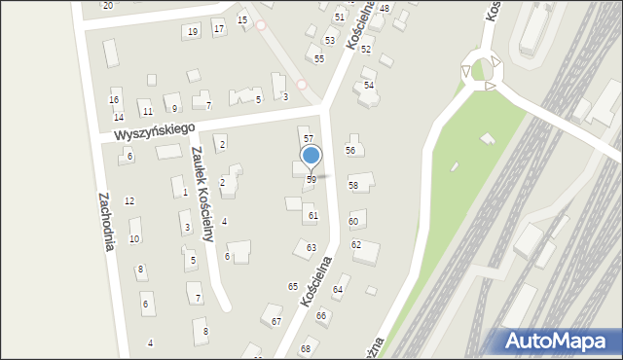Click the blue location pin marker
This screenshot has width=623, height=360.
311,157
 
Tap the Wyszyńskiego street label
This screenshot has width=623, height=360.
154,130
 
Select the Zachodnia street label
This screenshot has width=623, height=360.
106,221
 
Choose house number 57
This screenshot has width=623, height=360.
309,140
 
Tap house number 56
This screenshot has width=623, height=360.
350,150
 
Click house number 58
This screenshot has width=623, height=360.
353,185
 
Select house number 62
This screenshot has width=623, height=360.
356,244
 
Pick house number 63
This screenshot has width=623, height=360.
311,248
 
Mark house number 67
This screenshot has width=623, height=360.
276,321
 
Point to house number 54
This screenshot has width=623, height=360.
369,86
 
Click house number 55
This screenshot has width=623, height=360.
319,59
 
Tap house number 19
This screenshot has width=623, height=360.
193,32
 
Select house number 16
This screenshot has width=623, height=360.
114,100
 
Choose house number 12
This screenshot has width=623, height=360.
129,200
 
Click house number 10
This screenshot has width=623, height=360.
134,238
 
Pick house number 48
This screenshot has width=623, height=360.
385,9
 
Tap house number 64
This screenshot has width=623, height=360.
338,290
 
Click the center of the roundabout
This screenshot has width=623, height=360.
482,69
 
